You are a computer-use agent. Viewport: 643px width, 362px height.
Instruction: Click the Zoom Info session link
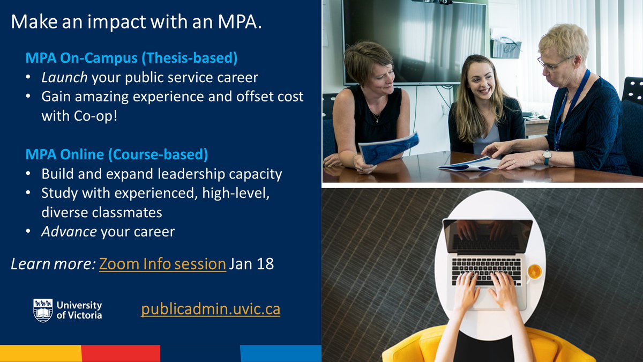162,264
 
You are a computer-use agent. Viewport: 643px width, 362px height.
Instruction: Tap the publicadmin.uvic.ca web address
211,309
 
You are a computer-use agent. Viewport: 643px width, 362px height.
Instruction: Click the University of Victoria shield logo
43,310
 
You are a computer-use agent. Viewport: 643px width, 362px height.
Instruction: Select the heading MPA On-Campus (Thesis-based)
131,57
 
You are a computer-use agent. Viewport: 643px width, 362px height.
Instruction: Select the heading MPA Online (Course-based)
116,154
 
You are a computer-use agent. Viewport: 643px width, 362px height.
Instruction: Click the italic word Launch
64,77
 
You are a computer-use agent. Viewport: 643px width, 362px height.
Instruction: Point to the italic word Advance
69,232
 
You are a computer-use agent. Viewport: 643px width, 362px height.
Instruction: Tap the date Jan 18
251,264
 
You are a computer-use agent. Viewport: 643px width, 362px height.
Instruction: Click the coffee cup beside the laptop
534,271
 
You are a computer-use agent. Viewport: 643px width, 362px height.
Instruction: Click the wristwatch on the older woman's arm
547,158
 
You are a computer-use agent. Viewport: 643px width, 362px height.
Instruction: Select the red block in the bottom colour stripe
121,353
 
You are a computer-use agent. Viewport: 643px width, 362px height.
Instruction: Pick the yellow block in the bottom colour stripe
41,353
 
